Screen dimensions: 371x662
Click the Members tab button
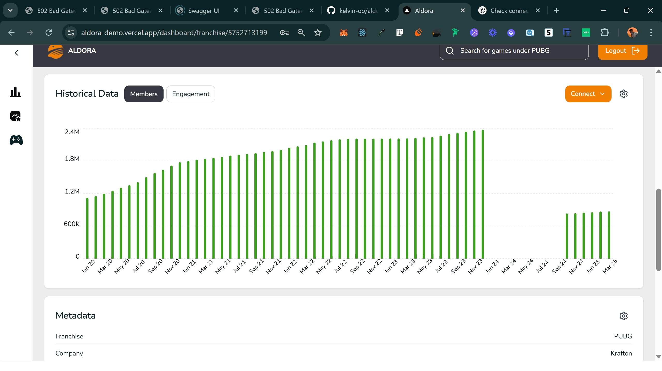pos(144,94)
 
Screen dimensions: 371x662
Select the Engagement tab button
pos(191,94)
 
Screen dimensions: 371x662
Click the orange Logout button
pos(622,51)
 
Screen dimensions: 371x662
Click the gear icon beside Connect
pos(623,94)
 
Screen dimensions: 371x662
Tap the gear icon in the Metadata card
pos(623,316)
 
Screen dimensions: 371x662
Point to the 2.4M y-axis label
pos(72,132)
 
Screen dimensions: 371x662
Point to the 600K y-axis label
pos(71,224)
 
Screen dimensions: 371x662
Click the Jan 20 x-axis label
pos(88,266)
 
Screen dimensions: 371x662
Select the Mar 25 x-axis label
pos(610,266)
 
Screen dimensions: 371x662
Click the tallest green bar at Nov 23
pos(483,194)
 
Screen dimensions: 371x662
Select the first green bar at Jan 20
pos(87,229)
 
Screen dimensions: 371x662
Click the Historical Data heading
pos(87,94)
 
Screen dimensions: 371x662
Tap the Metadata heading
pos(76,315)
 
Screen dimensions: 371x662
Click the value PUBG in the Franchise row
pos(623,336)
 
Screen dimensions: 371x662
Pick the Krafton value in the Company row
pos(621,353)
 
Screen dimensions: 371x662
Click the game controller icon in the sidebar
pos(16,140)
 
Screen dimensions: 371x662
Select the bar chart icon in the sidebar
pos(15,92)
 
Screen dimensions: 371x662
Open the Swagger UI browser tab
pos(204,11)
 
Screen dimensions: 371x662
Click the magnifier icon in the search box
pos(450,51)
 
